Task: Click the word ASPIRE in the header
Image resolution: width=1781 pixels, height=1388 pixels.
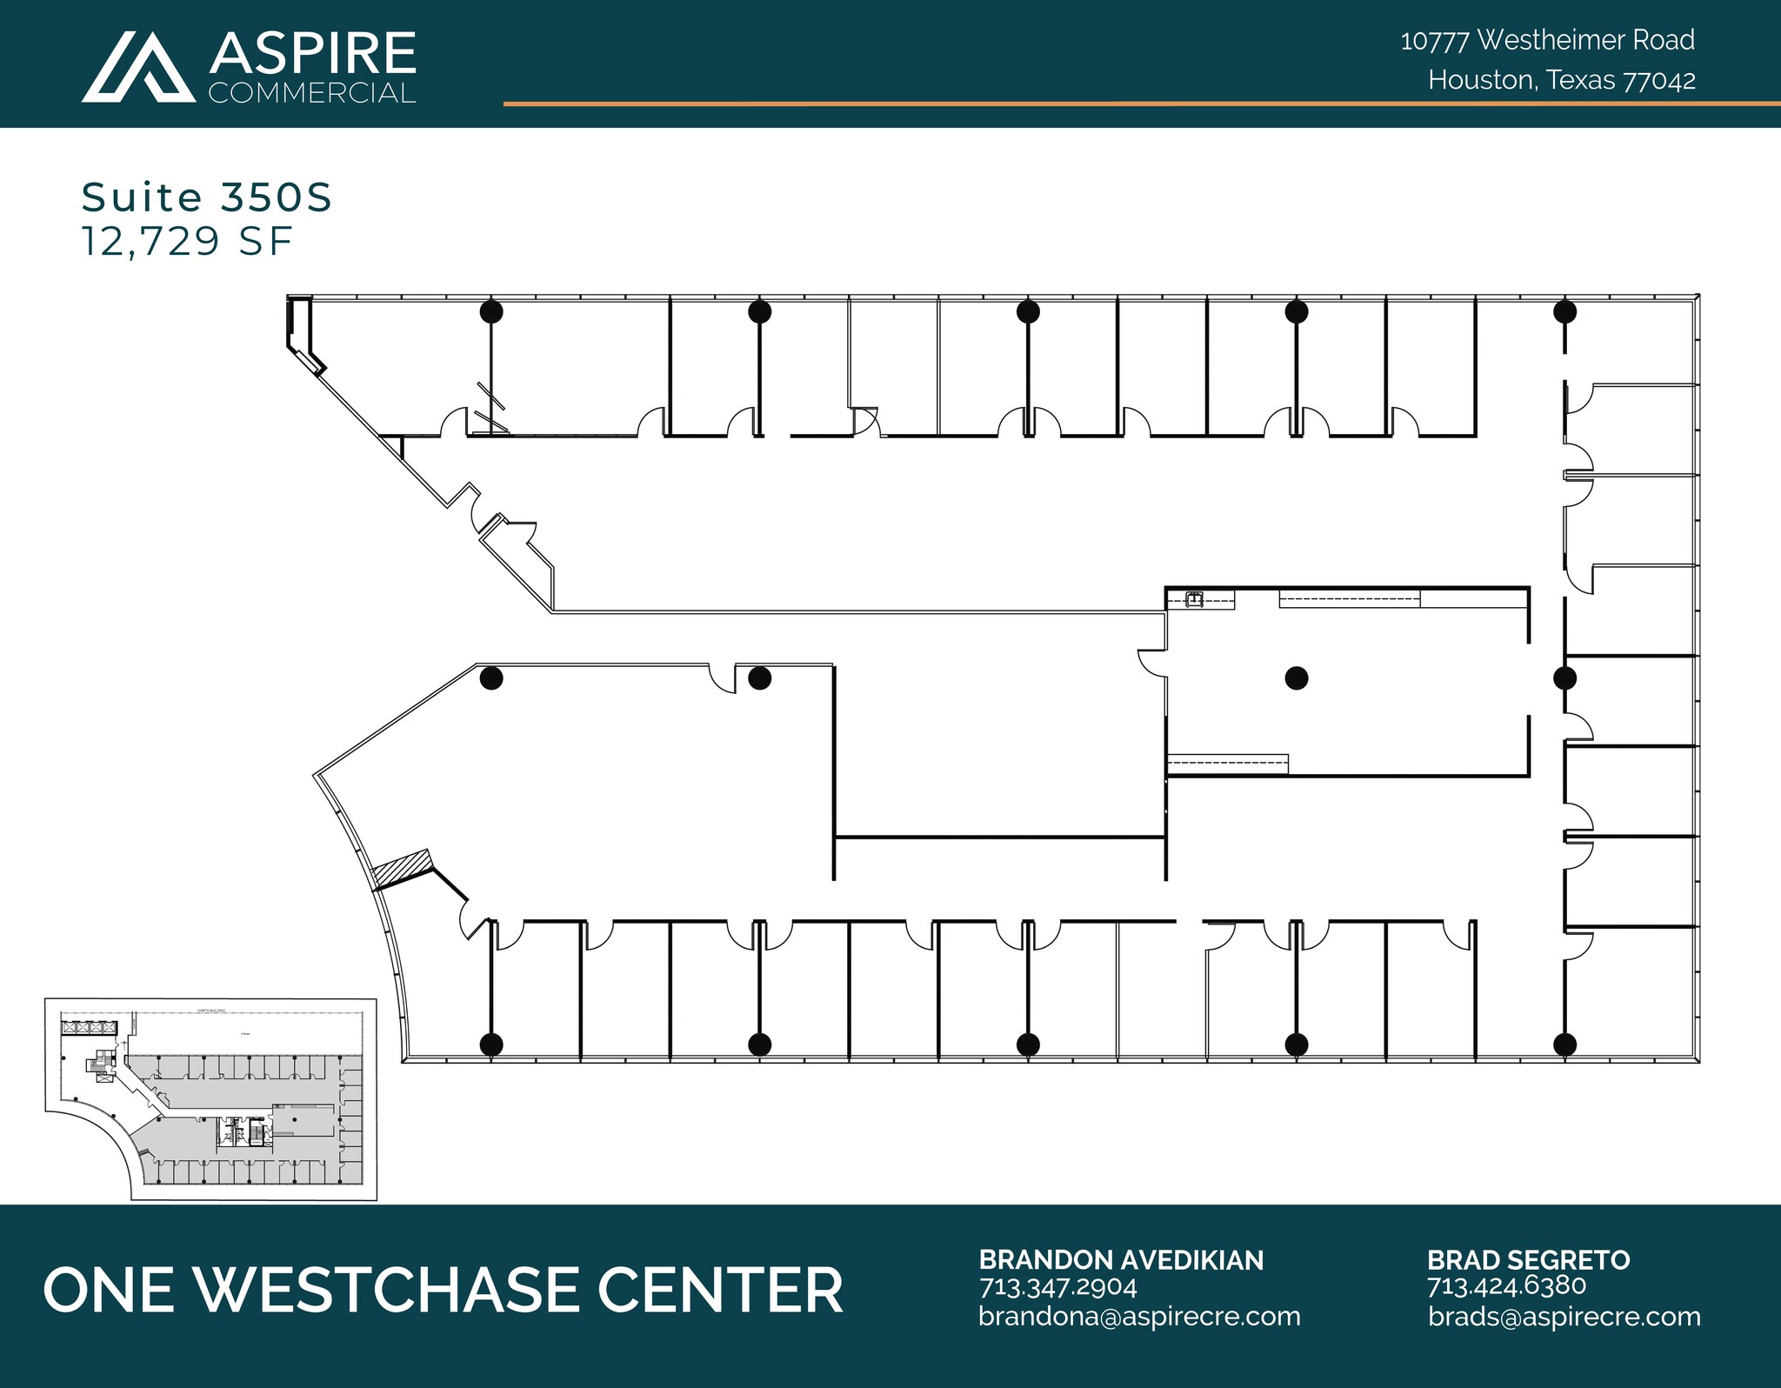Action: click(312, 54)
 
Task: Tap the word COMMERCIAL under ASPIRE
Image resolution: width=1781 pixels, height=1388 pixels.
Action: click(312, 93)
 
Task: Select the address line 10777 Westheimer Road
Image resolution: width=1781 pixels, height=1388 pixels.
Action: click(1547, 40)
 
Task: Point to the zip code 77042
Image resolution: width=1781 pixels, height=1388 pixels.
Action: click(1660, 81)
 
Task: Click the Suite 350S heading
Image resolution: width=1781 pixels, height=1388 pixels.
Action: click(207, 197)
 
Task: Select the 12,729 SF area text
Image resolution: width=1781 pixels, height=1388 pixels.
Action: click(187, 241)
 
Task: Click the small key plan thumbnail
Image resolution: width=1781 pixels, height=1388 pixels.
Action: click(210, 1099)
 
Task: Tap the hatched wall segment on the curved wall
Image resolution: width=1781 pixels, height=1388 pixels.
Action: click(402, 867)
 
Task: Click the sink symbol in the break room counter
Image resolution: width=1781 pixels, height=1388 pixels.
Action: click(1195, 599)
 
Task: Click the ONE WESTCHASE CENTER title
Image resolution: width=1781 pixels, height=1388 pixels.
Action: click(443, 1290)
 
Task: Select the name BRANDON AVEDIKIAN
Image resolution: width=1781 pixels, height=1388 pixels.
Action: click(1121, 1260)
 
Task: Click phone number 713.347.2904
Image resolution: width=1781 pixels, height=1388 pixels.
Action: click(1057, 1286)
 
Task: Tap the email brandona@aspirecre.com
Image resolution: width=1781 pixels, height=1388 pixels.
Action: click(1139, 1317)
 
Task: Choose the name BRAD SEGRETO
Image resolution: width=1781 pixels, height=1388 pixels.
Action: click(1528, 1260)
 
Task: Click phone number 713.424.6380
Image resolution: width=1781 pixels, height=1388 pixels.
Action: click(1506, 1286)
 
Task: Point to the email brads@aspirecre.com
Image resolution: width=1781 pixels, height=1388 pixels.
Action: click(1564, 1317)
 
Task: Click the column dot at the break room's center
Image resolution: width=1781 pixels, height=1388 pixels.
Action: click(1296, 677)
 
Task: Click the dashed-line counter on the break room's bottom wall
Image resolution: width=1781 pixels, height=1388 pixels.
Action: click(1227, 764)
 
